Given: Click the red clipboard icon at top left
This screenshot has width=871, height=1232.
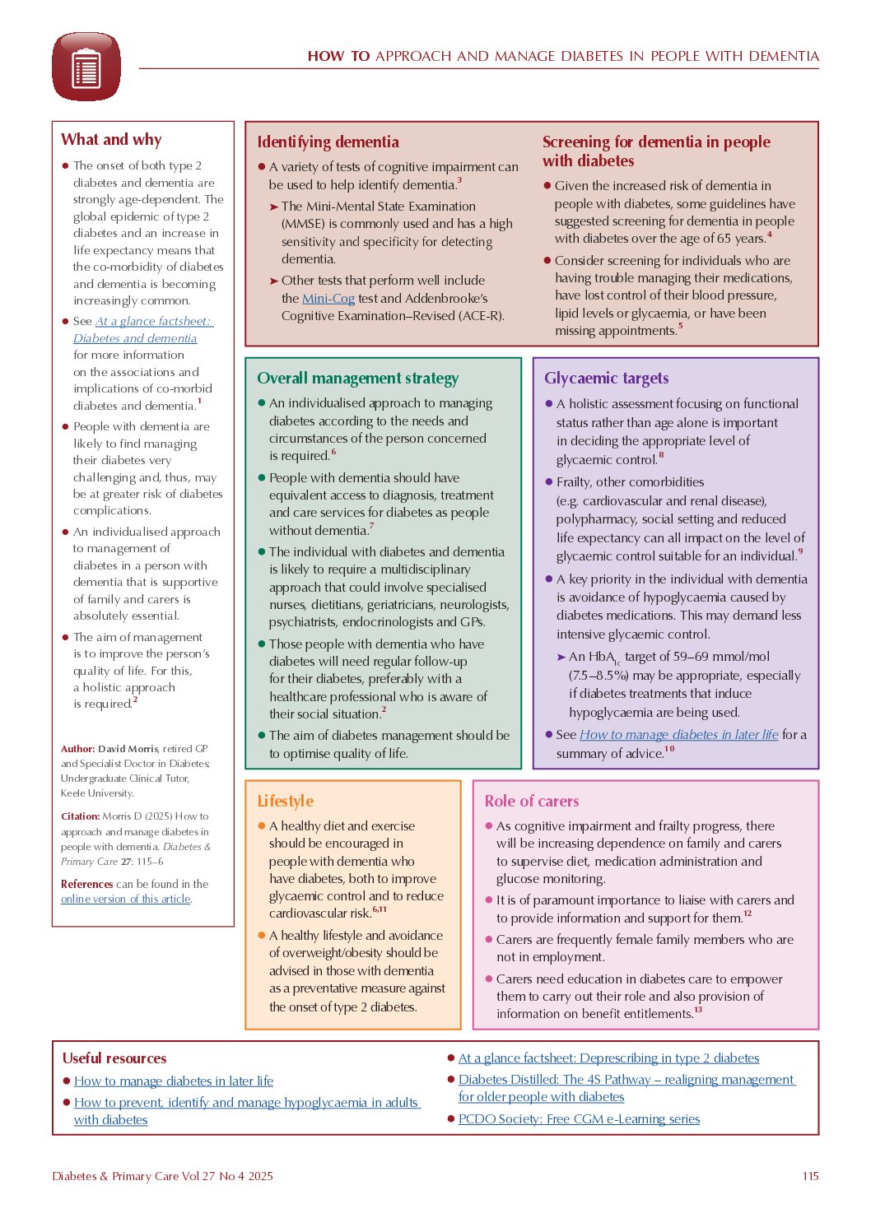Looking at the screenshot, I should [86, 67].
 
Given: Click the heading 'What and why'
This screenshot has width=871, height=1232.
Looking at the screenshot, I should [111, 140].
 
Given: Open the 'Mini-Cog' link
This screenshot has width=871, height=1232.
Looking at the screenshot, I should [328, 299].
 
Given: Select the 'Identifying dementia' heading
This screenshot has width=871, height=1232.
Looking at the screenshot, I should [328, 142].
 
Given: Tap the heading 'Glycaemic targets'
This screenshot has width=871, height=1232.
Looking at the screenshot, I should [606, 379].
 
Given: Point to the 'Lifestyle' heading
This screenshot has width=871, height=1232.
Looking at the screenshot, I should [285, 802].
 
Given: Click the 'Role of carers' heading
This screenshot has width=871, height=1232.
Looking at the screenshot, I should [531, 802].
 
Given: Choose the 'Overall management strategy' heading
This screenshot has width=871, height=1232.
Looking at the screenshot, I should [357, 379].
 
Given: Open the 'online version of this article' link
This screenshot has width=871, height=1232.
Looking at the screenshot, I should [125, 900].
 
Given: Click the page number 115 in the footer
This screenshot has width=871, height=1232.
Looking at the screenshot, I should [810, 1176].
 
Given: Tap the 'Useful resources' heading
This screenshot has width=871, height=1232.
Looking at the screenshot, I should [114, 1058].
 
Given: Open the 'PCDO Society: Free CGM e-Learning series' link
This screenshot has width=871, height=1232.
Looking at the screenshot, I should [579, 1119].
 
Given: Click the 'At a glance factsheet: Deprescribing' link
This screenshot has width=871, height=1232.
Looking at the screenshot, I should [608, 1058].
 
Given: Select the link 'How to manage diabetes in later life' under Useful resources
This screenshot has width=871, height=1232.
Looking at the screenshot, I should [174, 1081].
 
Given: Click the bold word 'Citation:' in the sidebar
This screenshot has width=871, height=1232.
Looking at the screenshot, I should [80, 816].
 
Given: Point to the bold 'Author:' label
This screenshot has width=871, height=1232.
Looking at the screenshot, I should [77, 749].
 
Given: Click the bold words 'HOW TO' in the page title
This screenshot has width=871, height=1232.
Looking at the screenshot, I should [338, 57].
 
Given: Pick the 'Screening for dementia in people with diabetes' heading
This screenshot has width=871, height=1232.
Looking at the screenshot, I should [656, 151].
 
